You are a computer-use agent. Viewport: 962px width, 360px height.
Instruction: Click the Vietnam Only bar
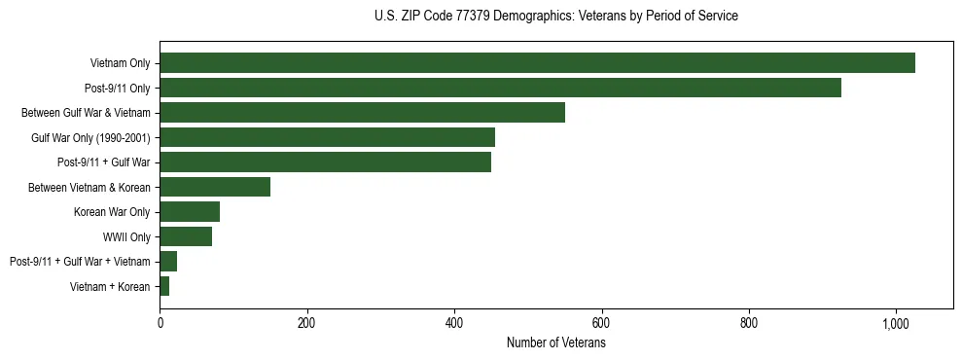coord(537,63)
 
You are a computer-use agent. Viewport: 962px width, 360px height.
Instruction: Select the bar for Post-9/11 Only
coord(500,88)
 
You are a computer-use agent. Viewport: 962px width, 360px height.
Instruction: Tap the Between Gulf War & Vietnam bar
coord(362,113)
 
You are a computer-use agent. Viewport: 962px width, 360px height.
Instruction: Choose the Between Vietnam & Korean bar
coord(215,187)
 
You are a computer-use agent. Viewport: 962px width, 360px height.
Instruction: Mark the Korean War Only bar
coord(190,212)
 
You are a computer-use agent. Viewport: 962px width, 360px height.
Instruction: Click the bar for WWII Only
coord(186,236)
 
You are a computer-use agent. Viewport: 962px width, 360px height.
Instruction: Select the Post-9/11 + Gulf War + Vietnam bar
coord(168,262)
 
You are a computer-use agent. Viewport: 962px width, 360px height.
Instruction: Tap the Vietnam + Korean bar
coord(164,286)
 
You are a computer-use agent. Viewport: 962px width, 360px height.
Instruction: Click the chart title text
coord(555,16)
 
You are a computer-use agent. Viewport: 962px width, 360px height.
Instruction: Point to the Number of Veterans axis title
coord(555,343)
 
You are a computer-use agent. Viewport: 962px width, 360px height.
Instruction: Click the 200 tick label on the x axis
coord(306,323)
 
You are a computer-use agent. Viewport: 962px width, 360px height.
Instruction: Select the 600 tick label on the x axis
coord(601,323)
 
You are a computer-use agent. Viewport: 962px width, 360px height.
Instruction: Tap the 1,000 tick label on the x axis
coord(896,323)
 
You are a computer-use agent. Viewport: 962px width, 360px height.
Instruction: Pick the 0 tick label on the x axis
coord(160,323)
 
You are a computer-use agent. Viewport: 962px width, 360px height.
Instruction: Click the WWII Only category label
coord(126,236)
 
